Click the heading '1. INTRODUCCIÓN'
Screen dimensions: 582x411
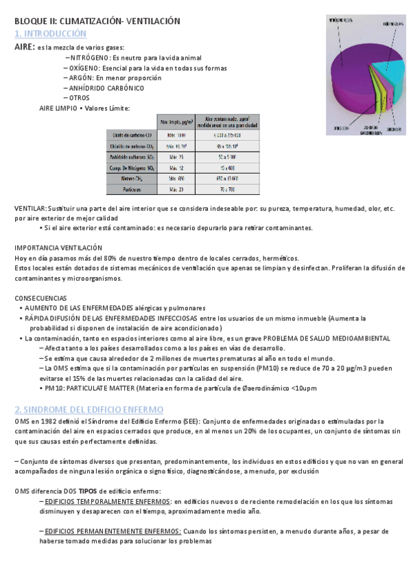coord(50,34)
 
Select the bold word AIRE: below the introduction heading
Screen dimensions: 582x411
coord(25,47)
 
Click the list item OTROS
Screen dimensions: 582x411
coord(80,97)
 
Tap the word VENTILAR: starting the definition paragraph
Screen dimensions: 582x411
coord(30,208)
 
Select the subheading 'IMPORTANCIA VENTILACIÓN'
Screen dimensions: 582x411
coord(58,247)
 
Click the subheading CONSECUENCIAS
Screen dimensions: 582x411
coord(41,298)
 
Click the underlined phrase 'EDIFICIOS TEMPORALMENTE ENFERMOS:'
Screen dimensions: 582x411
coord(106,502)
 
